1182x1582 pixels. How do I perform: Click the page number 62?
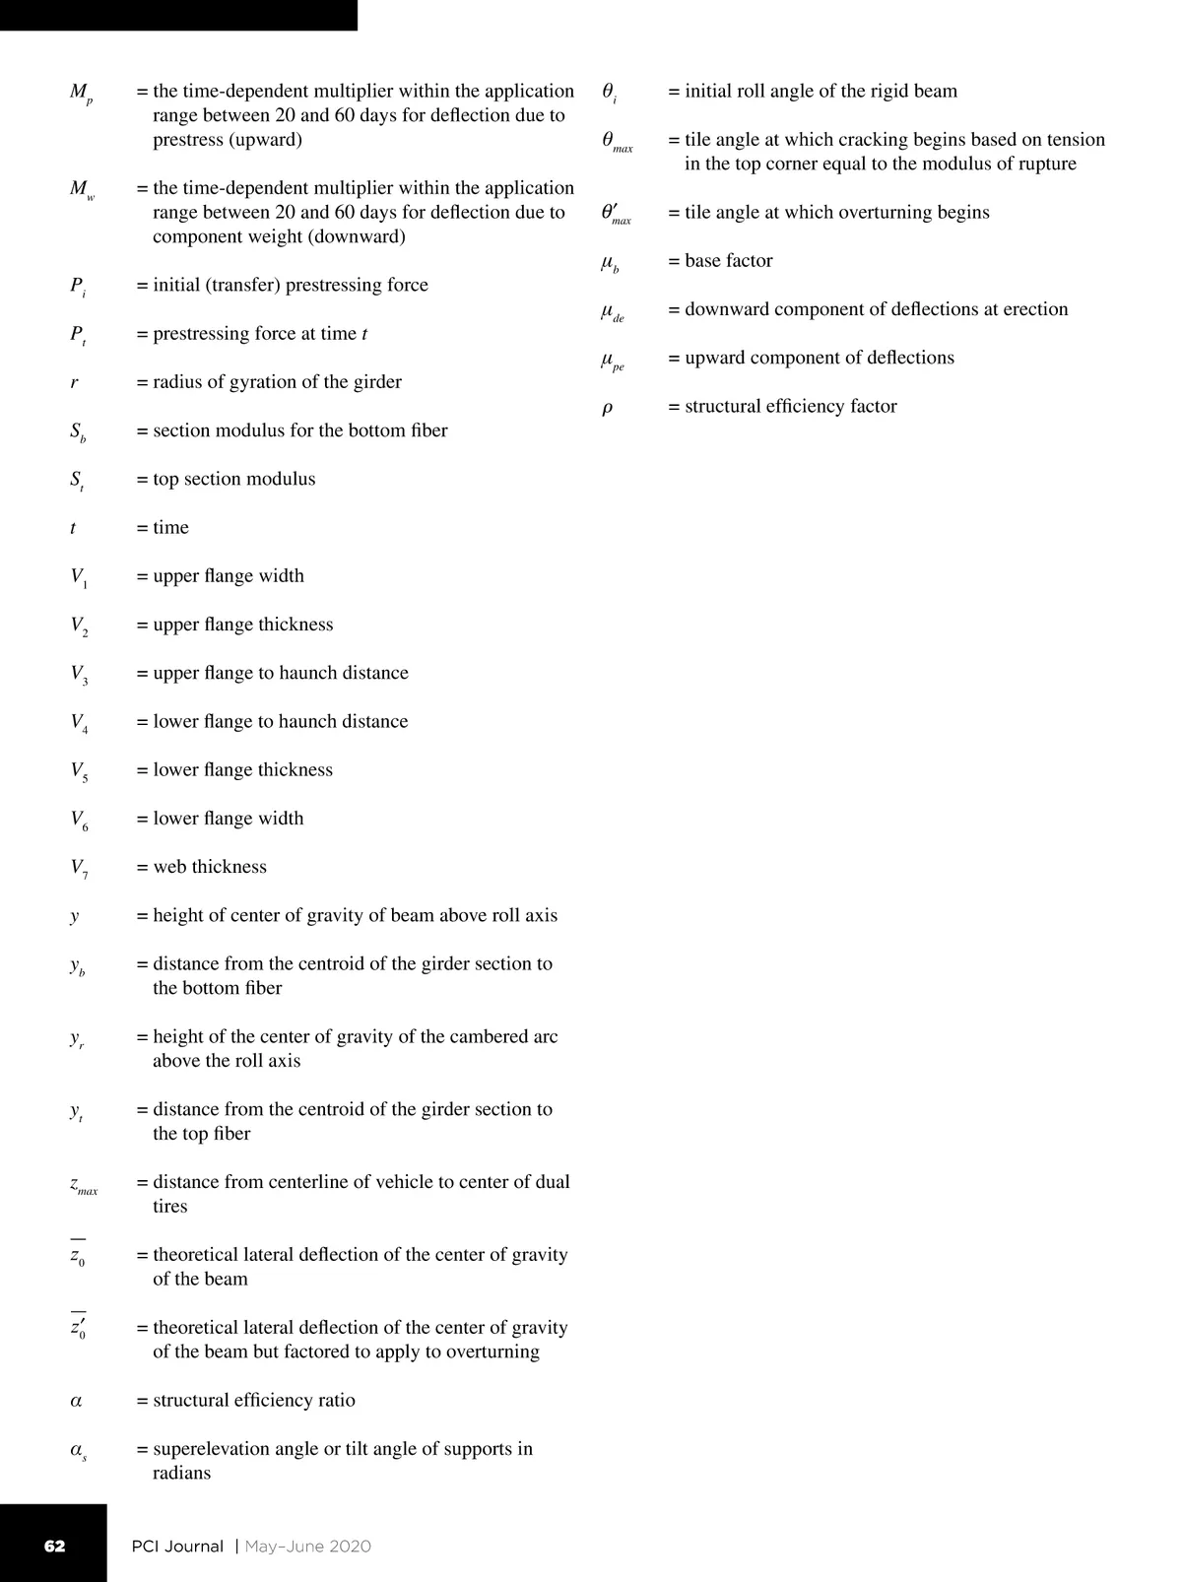point(55,1546)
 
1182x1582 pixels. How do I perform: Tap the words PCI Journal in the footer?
point(177,1546)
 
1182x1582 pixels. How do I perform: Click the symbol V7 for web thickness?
point(79,869)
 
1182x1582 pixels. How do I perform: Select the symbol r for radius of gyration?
point(74,382)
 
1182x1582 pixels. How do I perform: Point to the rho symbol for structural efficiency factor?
point(607,408)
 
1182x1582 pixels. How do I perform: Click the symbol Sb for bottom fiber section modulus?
point(78,432)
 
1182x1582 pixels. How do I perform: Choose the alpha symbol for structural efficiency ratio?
point(76,1401)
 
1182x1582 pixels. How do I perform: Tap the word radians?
point(181,1474)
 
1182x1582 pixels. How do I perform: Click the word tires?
point(169,1207)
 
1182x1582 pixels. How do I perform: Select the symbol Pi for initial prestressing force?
point(78,287)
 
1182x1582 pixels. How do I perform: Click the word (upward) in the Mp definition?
point(266,140)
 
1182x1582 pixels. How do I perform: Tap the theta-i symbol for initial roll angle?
point(609,93)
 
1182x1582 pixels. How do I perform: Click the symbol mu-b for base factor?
point(610,263)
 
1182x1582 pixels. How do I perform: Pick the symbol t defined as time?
point(73,528)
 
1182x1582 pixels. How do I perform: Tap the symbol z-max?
point(83,1185)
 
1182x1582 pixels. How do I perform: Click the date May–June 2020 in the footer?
point(308,1546)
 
